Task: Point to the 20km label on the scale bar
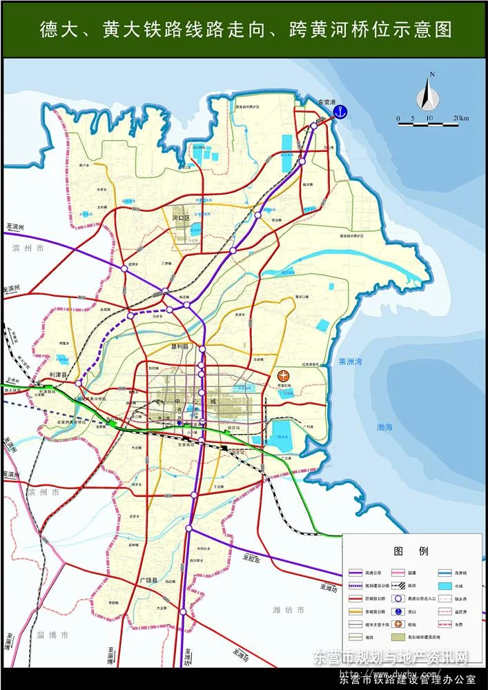[461, 119]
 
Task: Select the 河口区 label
[180, 218]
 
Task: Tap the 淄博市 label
[53, 635]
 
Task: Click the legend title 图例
[411, 551]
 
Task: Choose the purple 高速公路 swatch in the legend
[356, 573]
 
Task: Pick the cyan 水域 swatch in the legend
[446, 585]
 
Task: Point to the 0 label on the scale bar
[398, 119]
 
